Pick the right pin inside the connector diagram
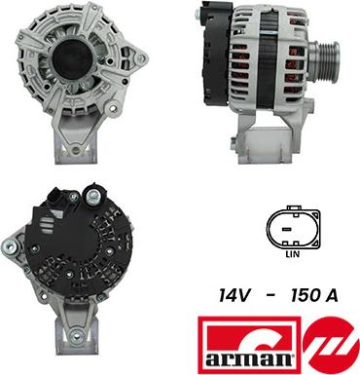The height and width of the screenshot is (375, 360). pos(298,229)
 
